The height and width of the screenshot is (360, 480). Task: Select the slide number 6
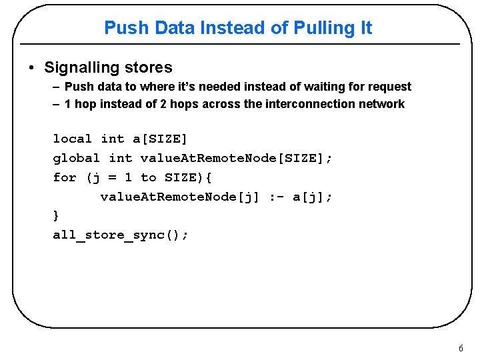click(x=461, y=349)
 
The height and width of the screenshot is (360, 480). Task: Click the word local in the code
click(x=72, y=139)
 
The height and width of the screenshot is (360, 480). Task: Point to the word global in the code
click(x=76, y=158)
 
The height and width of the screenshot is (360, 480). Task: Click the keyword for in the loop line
click(x=65, y=177)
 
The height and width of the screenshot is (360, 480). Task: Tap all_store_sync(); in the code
click(x=121, y=235)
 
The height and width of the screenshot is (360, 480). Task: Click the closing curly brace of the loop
click(x=56, y=215)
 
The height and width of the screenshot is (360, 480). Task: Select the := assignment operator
click(x=275, y=197)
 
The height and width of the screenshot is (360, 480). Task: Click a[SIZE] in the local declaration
click(x=160, y=139)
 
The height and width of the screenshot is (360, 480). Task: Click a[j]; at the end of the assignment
click(x=312, y=197)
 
